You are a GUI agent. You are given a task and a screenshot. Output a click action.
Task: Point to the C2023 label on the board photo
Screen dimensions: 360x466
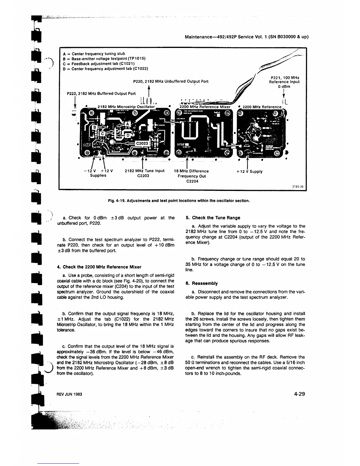[142, 143]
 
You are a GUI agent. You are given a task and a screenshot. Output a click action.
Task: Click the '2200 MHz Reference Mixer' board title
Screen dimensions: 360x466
[205, 107]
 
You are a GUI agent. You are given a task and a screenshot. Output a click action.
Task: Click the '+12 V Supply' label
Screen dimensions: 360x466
[249, 172]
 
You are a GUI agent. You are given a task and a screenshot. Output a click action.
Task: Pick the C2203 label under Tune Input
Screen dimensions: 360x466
[143, 176]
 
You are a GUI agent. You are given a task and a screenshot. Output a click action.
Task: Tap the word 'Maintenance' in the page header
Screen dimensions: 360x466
[199, 37]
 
